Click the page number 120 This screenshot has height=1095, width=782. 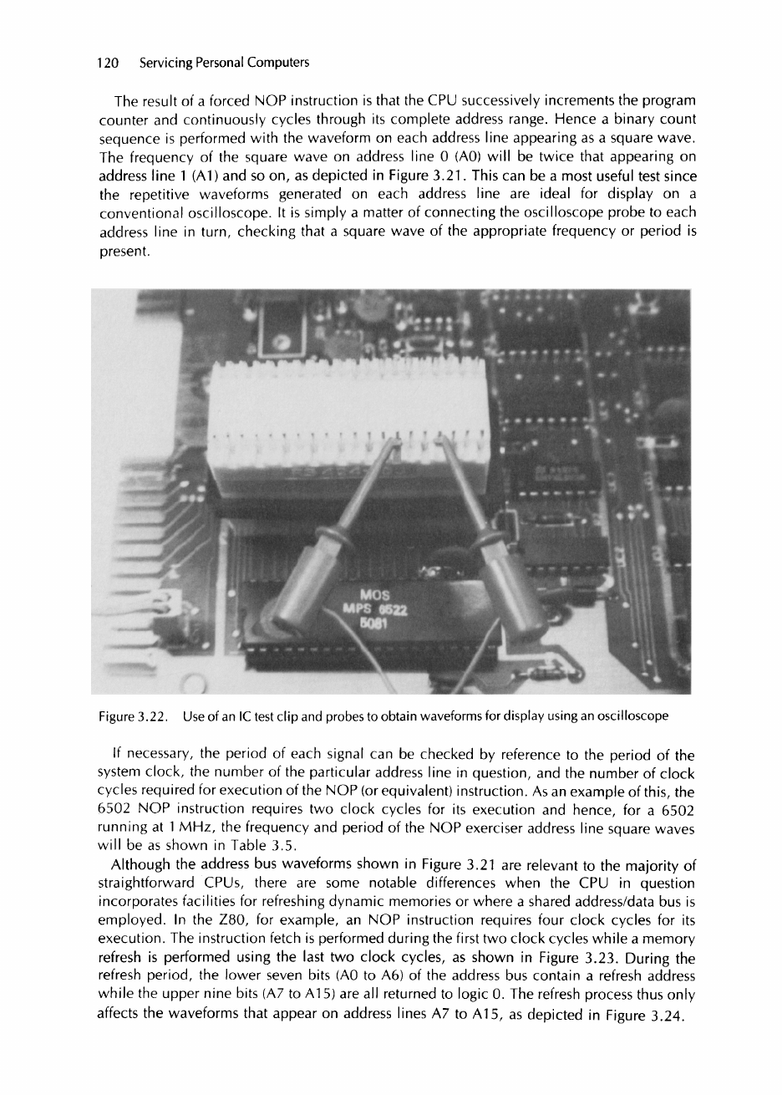tap(109, 63)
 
